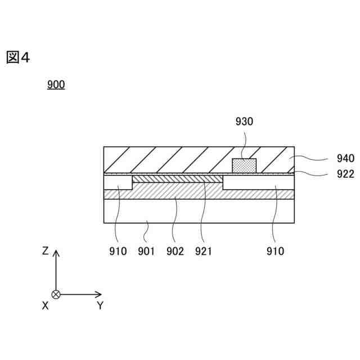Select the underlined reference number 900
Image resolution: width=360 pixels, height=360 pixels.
pyautogui.click(x=56, y=85)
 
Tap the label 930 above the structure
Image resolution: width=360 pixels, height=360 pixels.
pyautogui.click(x=244, y=121)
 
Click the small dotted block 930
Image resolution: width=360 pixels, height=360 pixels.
pyautogui.click(x=244, y=166)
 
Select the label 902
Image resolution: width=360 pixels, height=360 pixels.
pyautogui.click(x=175, y=251)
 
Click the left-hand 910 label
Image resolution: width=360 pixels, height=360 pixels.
pyautogui.click(x=119, y=251)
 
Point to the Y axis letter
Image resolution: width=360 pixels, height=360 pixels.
pyautogui.click(x=100, y=305)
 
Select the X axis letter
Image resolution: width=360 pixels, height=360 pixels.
pyautogui.click(x=45, y=305)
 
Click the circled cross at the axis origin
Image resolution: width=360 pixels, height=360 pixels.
pyautogui.click(x=56, y=294)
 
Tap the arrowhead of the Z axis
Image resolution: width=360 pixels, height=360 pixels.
pyautogui.click(x=56, y=253)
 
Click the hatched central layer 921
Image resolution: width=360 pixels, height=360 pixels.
pyautogui.click(x=177, y=178)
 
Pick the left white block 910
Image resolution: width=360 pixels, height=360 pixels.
pyautogui.click(x=118, y=182)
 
